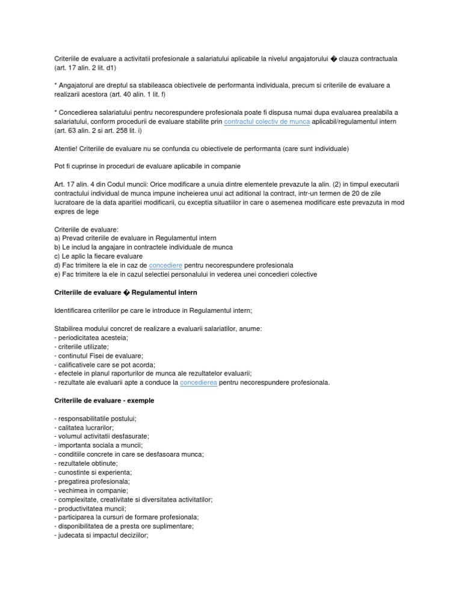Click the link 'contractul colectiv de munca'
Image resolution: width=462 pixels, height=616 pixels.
pos(266,122)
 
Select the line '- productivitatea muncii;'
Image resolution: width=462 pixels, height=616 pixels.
pos(90,508)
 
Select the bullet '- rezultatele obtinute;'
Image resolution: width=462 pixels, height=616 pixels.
pos(86,463)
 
